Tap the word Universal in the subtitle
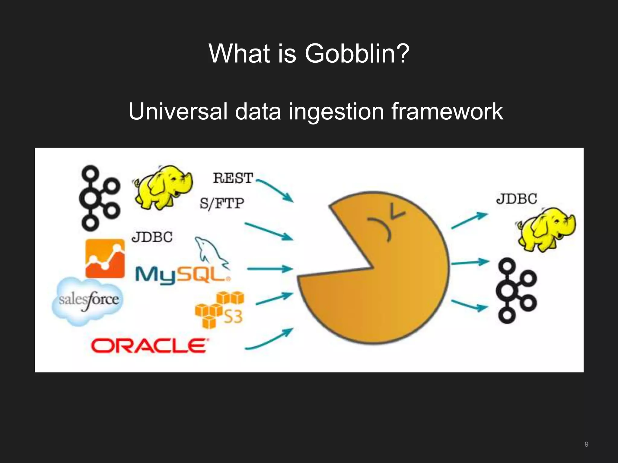point(178,111)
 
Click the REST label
point(233,178)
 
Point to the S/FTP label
point(222,203)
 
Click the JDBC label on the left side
point(152,237)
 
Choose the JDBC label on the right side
point(517,199)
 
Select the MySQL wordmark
point(182,275)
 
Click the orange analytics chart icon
point(105,258)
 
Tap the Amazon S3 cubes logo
point(219,309)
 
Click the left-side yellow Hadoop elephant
point(163,187)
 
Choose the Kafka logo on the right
point(516,291)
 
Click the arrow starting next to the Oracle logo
point(269,339)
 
